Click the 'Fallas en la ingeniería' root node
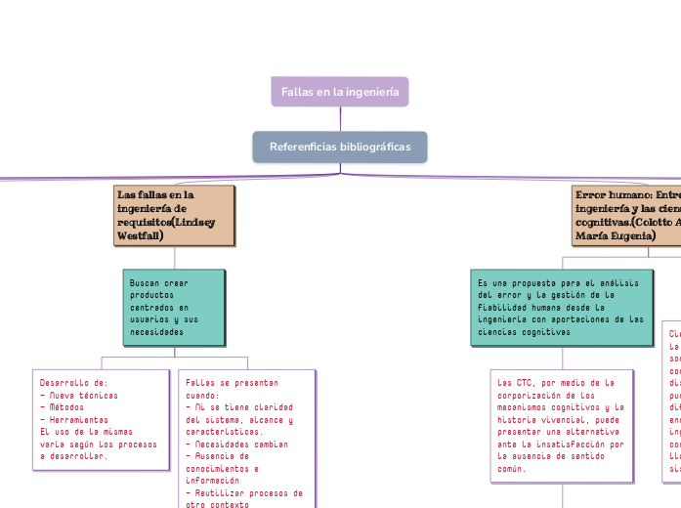tap(340, 92)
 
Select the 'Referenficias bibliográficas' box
tap(340, 147)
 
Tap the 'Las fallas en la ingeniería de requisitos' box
tap(174, 215)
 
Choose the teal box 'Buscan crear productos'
tap(174, 308)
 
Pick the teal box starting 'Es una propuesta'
tap(562, 308)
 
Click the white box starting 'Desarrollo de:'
tap(101, 419)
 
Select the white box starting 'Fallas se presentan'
tap(246, 440)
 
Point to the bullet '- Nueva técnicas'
tap(79, 396)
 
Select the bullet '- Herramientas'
tap(74, 419)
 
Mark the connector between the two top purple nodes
tap(340, 119)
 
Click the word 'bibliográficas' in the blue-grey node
tap(376, 147)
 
